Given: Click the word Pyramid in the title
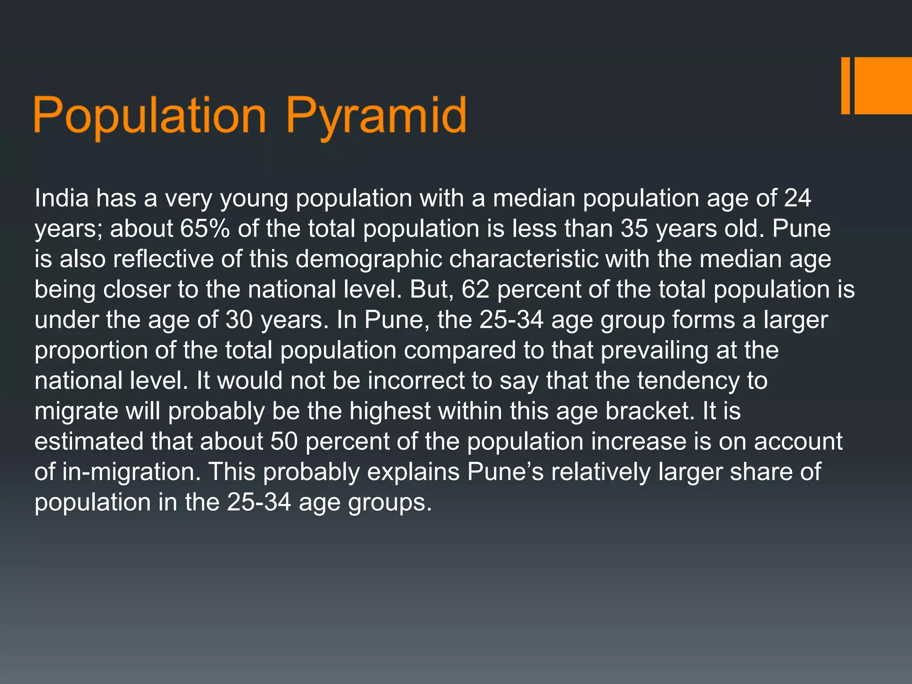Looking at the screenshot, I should tap(376, 117).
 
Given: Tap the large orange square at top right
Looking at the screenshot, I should tap(883, 85).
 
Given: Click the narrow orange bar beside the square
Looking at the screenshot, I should tap(845, 85).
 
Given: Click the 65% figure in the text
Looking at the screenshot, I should tap(205, 228).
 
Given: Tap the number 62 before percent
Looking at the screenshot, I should tap(475, 289).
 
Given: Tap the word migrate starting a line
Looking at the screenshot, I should tap(76, 411).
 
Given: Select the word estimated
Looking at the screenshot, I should tap(89, 441).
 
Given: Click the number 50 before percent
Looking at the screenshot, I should tap(284, 441).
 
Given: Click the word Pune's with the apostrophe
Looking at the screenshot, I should tap(505, 472).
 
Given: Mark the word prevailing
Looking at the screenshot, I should tap(654, 350).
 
